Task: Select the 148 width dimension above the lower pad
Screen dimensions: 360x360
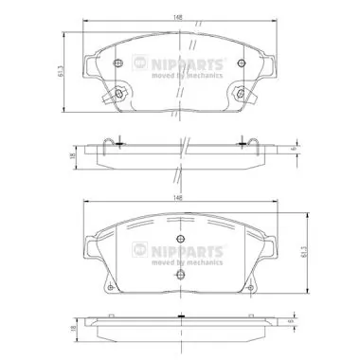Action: coord(175,198)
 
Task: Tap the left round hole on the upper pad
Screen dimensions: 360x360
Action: coord(117,64)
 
